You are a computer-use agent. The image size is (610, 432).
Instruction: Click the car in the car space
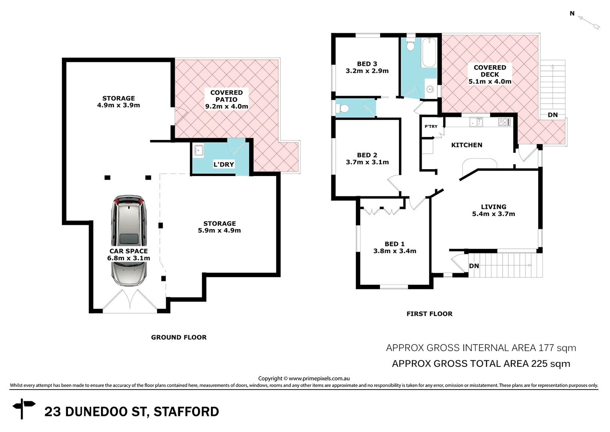click(x=129, y=240)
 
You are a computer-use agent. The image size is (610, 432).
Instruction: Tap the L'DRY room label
click(x=223, y=164)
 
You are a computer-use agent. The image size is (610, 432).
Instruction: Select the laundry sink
click(x=199, y=150)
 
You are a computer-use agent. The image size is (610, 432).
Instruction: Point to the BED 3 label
click(x=367, y=64)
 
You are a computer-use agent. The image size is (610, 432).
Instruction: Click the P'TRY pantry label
click(x=431, y=126)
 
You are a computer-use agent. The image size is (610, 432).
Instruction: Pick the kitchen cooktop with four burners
click(x=504, y=122)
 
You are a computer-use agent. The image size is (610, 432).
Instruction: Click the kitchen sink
click(x=476, y=122)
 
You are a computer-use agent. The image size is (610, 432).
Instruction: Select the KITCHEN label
click(x=467, y=145)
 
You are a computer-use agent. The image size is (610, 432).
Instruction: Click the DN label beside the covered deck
click(x=552, y=115)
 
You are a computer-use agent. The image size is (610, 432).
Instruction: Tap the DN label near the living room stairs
click(x=474, y=266)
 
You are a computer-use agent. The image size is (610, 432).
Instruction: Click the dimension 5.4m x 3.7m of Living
click(x=493, y=214)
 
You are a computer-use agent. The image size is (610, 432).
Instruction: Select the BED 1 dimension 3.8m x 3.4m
click(x=395, y=251)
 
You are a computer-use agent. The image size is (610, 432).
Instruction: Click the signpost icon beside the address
click(x=24, y=408)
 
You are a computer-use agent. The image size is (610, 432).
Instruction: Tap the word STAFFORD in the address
click(x=186, y=412)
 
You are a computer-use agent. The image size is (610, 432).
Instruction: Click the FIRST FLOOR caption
click(x=429, y=314)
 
